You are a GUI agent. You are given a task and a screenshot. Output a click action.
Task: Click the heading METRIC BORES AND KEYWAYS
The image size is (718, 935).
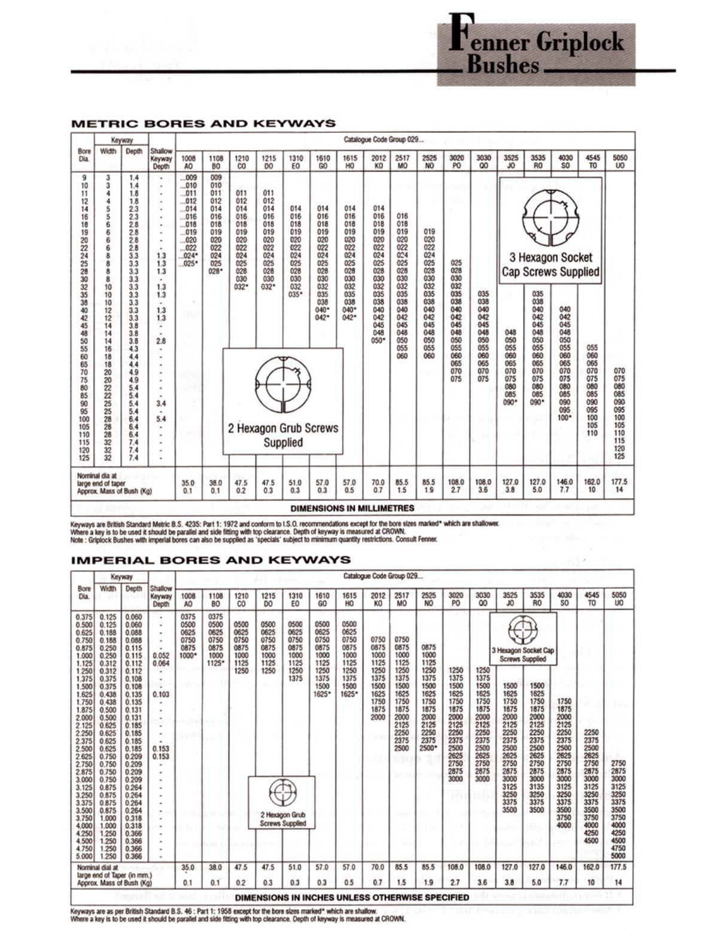[x=203, y=124]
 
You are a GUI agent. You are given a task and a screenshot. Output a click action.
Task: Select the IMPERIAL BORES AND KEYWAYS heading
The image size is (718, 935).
[x=211, y=561]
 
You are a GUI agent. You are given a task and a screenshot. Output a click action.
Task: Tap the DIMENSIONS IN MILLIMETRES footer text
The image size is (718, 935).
[x=352, y=508]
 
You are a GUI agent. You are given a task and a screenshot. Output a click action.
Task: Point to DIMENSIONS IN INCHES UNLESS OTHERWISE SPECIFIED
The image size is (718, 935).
[x=352, y=897]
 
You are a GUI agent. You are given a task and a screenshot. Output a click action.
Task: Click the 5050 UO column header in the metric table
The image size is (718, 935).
[x=620, y=162]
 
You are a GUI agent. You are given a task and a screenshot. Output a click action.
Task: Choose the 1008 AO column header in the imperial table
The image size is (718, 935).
[x=188, y=599]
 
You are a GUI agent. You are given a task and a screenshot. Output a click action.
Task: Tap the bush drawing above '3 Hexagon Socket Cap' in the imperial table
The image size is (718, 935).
[x=523, y=630]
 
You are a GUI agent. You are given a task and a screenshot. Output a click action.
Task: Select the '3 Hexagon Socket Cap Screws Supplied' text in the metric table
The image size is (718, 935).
[x=550, y=265]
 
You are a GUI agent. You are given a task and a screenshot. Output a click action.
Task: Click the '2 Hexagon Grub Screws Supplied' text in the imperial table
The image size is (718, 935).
[x=282, y=819]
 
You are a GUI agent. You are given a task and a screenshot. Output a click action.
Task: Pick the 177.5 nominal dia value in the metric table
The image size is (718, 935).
[x=620, y=482]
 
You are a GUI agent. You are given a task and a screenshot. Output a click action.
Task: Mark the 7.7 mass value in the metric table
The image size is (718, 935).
[x=565, y=490]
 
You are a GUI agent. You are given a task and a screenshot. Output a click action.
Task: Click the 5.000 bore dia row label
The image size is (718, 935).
[x=84, y=856]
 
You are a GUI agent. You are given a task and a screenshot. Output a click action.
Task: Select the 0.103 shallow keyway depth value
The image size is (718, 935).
[x=161, y=695]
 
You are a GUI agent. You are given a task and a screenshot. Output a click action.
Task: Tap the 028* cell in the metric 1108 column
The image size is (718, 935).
[x=216, y=271]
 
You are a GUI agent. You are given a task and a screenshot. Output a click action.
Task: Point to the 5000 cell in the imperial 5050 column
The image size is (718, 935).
[x=619, y=856]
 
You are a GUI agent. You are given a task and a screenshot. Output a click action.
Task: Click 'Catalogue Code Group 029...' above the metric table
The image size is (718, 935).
[x=383, y=140]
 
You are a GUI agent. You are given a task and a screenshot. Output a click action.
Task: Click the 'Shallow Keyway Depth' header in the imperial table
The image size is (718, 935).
[x=161, y=596]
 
